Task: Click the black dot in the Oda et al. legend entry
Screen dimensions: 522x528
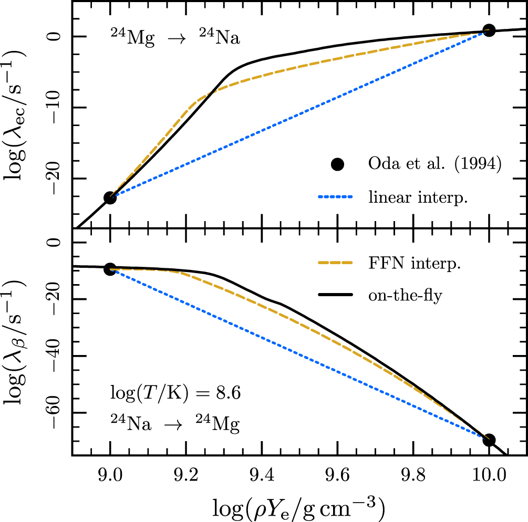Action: click(x=337, y=164)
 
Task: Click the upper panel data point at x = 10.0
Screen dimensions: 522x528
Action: click(x=489, y=30)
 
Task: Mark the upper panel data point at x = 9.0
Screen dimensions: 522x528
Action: click(x=110, y=198)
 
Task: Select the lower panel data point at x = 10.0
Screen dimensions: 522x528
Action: click(x=489, y=440)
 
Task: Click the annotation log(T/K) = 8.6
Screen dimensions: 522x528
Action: click(x=175, y=393)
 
